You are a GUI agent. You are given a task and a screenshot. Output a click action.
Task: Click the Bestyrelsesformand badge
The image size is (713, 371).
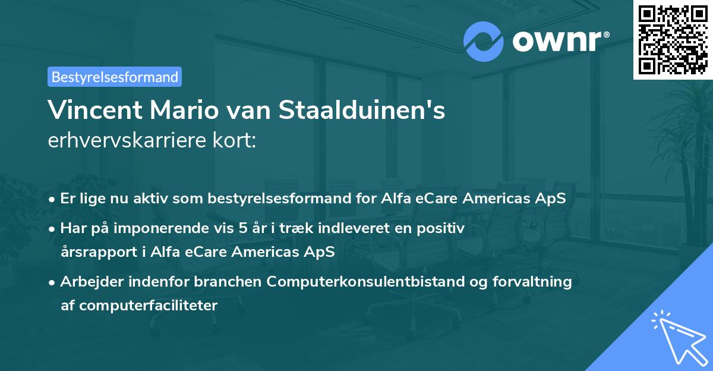[x=115, y=77]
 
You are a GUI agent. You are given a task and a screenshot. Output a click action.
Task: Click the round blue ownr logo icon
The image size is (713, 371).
[x=484, y=41]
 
